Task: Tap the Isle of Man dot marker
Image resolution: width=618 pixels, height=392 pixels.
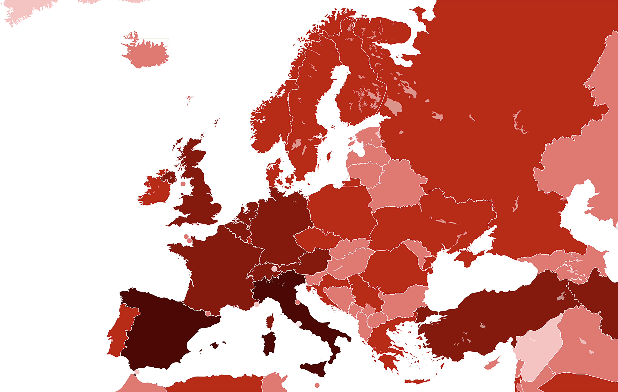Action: pos(183,184)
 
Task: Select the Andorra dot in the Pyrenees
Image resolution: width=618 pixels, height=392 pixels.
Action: pos(208,313)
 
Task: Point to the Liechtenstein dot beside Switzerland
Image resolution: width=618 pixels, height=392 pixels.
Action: pos(274,269)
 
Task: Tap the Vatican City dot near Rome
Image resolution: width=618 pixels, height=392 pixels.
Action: pos(299,324)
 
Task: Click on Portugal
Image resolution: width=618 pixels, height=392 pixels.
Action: pos(119,332)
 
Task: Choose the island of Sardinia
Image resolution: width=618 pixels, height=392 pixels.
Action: pos(269,343)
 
